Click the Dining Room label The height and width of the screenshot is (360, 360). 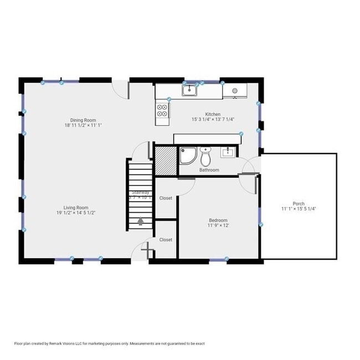click(x=83, y=120)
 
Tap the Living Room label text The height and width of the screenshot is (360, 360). click(x=76, y=207)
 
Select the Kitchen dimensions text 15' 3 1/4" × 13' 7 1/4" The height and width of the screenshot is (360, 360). click(x=213, y=119)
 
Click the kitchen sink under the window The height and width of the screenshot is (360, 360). click(x=190, y=89)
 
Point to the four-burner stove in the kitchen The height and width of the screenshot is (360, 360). click(x=162, y=110)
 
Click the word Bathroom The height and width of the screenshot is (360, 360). click(x=209, y=170)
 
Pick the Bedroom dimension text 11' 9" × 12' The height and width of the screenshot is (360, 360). click(x=218, y=225)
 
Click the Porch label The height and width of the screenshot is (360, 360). click(x=298, y=203)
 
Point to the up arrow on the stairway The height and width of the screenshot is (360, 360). click(x=140, y=221)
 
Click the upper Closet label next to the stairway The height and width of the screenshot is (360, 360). click(x=166, y=198)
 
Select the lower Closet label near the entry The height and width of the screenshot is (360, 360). click(x=166, y=240)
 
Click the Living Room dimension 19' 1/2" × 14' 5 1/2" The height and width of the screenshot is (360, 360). click(x=76, y=213)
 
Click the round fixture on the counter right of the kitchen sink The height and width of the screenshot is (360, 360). click(x=235, y=90)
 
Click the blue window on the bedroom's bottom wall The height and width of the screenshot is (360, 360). click(x=218, y=259)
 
